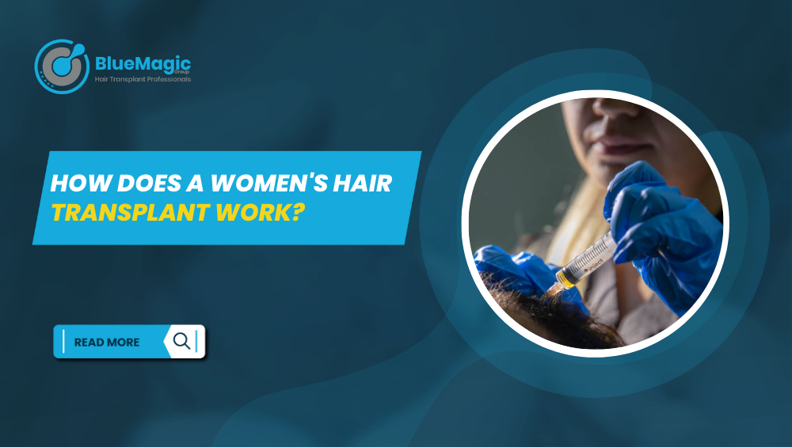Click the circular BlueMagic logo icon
click(x=62, y=66)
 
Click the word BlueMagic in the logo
click(x=143, y=64)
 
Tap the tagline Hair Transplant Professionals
click(x=143, y=79)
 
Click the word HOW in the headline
click(x=80, y=183)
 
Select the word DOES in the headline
click(x=149, y=183)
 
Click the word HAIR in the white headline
click(x=363, y=183)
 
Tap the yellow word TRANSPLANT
click(x=131, y=212)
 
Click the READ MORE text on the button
click(x=107, y=342)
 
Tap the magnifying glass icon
click(x=182, y=341)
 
